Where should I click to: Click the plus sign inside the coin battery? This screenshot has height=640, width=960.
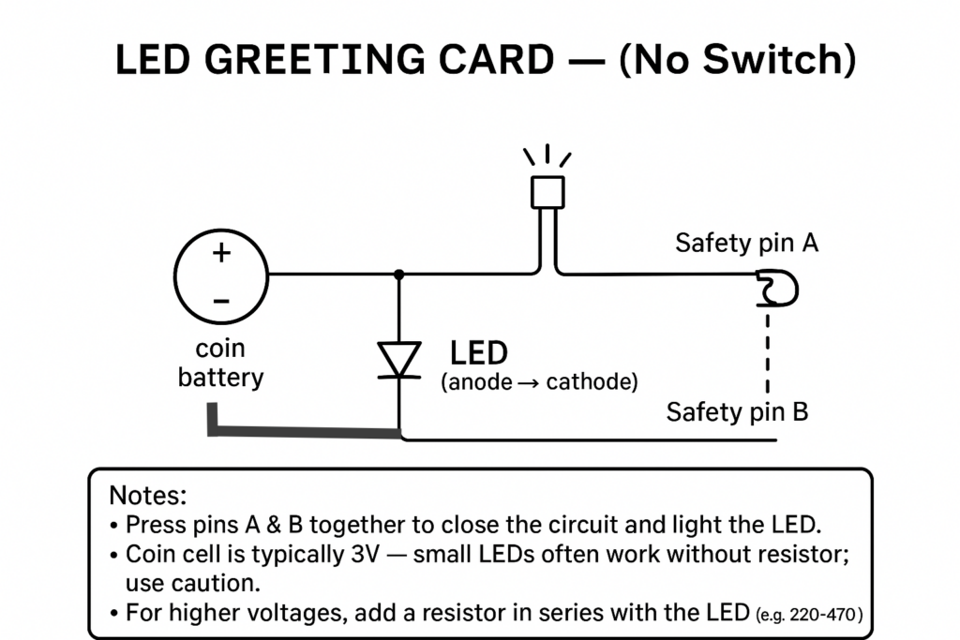coord(221,253)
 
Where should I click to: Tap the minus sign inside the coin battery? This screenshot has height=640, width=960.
coord(221,301)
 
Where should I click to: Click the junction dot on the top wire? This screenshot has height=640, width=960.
coord(399,275)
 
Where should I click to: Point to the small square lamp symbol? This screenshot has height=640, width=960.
coord(547,192)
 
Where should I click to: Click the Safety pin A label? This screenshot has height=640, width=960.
coord(746,243)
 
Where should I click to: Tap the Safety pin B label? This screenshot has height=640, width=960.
coord(737,411)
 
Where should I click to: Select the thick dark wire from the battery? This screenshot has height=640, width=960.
coord(303,432)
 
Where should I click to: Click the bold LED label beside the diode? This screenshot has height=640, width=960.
coord(479,353)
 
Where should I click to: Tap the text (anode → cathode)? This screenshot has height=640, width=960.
coord(539,381)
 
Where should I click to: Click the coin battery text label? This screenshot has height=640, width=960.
coord(220,363)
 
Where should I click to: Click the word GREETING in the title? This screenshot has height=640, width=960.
coord(314,60)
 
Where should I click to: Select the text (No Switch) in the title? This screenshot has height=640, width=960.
coord(738,60)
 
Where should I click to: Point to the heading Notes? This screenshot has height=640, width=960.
coord(147,495)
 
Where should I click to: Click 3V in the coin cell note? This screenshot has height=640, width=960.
coord(366,555)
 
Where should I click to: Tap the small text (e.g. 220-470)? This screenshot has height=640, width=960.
coord(809,614)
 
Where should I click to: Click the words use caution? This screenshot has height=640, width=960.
coord(193,583)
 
